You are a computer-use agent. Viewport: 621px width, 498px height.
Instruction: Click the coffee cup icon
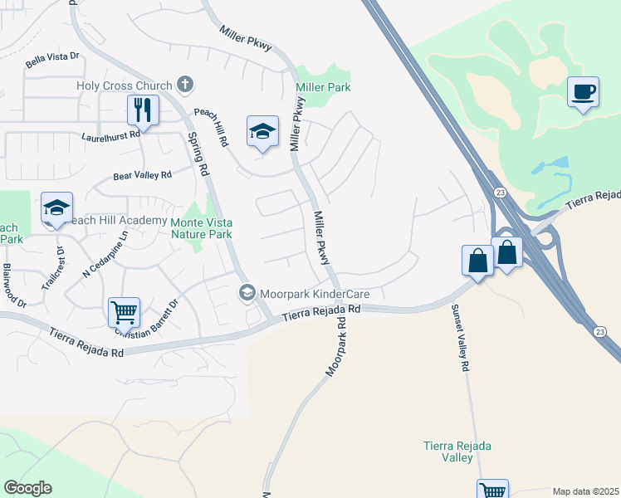[x=583, y=91]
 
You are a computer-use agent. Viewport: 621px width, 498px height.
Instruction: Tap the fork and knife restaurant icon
[x=143, y=110]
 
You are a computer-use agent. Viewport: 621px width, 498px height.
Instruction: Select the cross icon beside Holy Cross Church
[x=184, y=85]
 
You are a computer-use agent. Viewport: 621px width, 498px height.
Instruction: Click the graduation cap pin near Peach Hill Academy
[x=56, y=208]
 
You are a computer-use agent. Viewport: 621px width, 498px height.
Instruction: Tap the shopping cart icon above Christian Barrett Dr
[x=124, y=313]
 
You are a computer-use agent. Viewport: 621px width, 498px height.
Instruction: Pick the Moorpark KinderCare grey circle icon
[x=247, y=293]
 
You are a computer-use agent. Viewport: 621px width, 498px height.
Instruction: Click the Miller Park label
[x=323, y=87]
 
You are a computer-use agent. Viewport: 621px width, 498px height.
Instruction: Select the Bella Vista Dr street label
[x=51, y=57]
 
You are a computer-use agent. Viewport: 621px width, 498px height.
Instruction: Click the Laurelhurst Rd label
[x=111, y=135]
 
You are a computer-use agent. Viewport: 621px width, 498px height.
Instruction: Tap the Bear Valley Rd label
[x=141, y=176]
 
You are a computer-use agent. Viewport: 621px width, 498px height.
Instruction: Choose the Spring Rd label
[x=197, y=154]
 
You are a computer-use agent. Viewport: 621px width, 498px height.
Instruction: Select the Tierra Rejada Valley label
[x=457, y=452]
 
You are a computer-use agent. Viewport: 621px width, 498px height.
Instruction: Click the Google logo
[x=27, y=488]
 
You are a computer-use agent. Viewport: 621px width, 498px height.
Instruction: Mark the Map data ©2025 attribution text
[x=586, y=491]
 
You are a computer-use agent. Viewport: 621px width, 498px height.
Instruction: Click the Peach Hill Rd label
[x=211, y=125]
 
